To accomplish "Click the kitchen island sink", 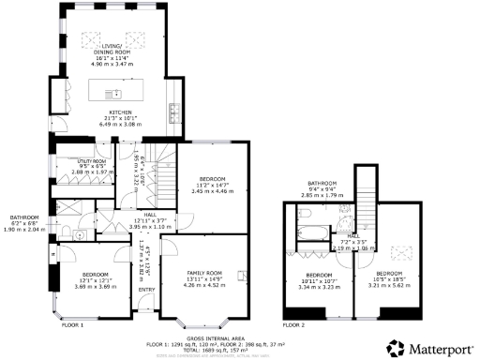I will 116,94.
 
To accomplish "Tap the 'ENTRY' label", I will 146,290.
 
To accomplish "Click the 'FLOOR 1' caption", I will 71,324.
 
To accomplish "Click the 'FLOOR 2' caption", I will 293,324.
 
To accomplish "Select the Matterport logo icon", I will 395,349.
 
